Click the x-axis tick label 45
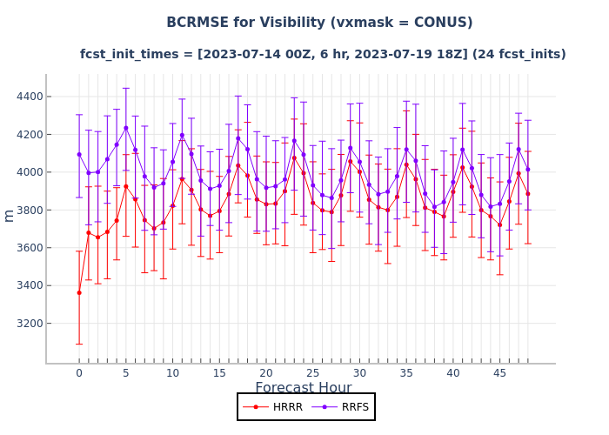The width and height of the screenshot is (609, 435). pos(499,373)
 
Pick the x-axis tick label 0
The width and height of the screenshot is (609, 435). pos(79,373)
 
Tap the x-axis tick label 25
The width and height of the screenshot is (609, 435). pos(312,373)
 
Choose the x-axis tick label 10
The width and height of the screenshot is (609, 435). pos(172,373)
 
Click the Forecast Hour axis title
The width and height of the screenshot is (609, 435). pos(304,388)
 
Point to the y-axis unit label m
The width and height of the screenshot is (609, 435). pos(10,216)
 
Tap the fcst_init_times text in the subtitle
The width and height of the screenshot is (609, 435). pos(127,54)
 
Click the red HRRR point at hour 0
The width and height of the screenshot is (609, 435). pos(79,292)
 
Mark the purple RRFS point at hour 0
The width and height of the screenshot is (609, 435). pos(79,155)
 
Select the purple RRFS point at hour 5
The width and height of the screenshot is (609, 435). pos(125,128)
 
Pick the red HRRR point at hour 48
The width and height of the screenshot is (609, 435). pos(527,194)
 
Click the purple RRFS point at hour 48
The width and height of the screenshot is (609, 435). pos(527,169)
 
